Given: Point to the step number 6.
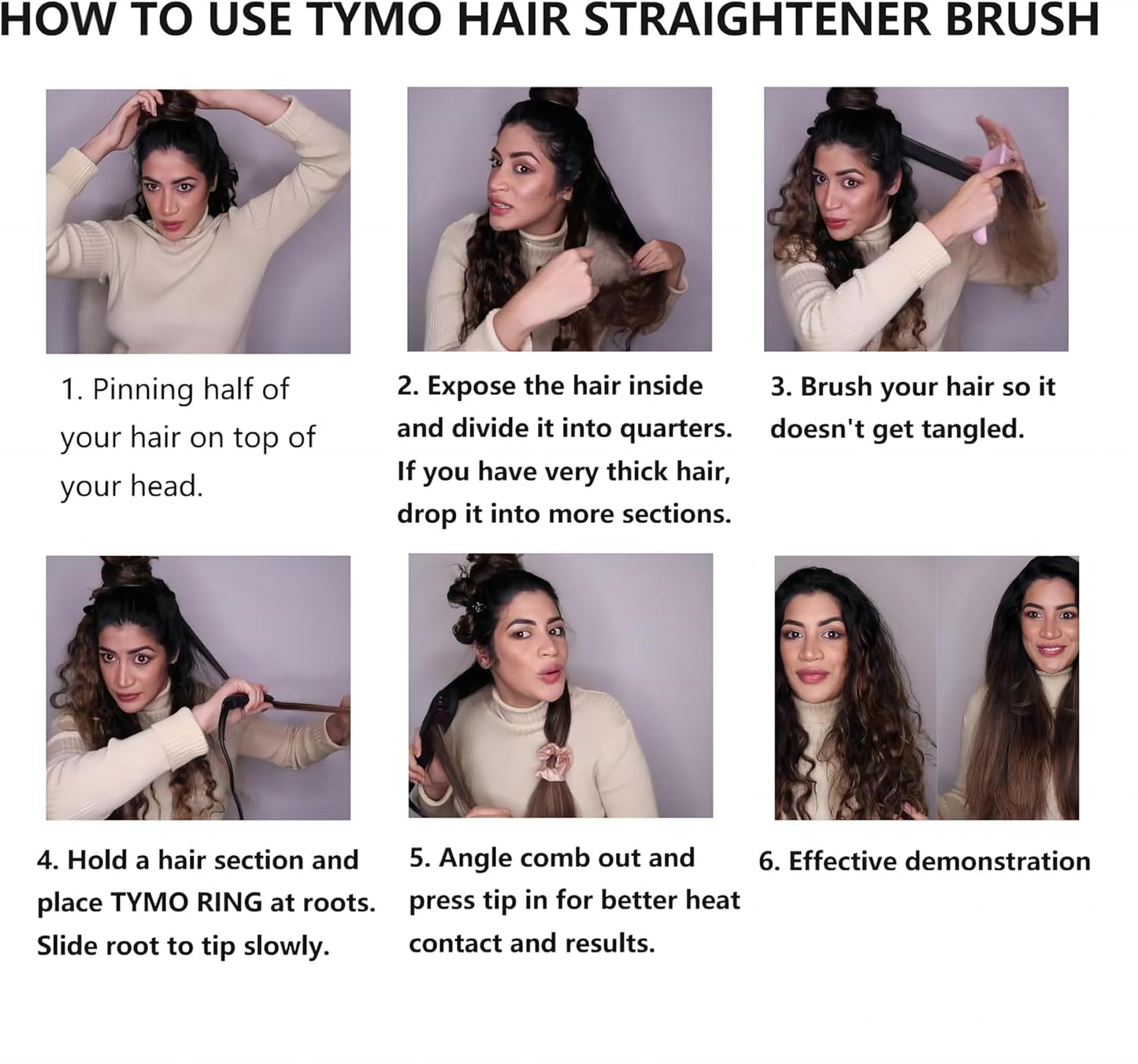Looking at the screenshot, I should coord(768,862).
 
